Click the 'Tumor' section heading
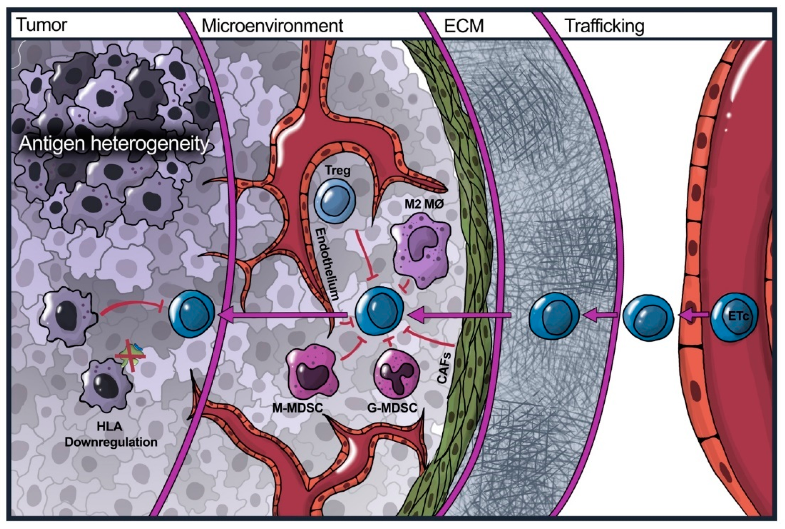(42, 25)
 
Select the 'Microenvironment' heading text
(272, 26)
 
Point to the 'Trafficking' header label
(604, 26)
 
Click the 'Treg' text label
(338, 171)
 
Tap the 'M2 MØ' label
(423, 204)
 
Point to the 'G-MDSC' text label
(392, 408)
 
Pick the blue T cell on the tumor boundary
(191, 312)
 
